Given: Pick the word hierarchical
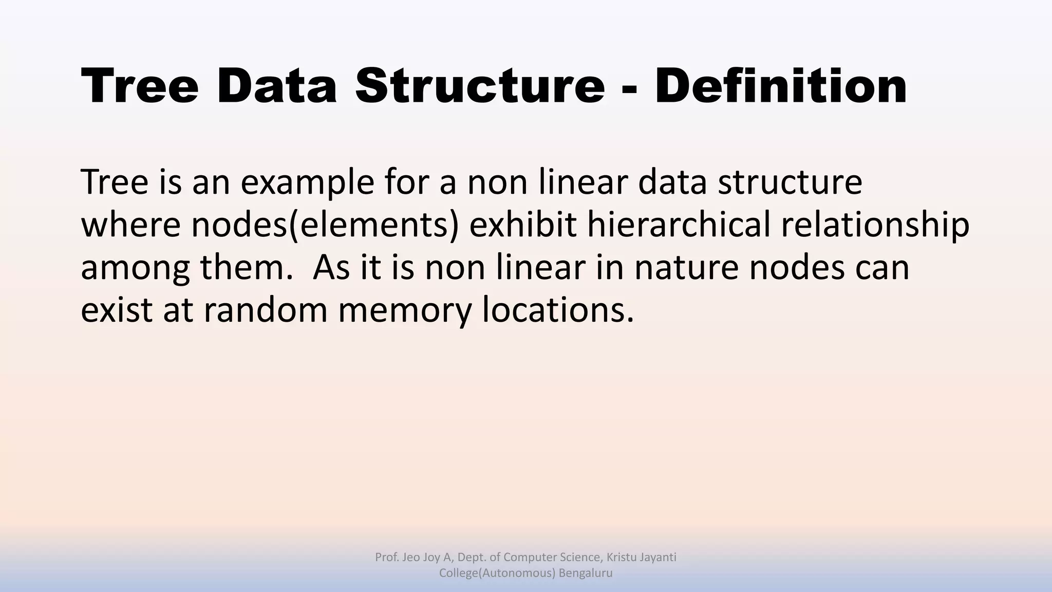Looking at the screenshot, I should (679, 225).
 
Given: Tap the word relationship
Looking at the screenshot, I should (875, 225).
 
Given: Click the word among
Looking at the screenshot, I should (135, 269).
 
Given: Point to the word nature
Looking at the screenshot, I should (686, 268).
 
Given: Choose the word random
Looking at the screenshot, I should (265, 310).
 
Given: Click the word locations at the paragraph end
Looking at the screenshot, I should (558, 310).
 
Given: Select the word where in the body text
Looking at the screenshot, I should (130, 225).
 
